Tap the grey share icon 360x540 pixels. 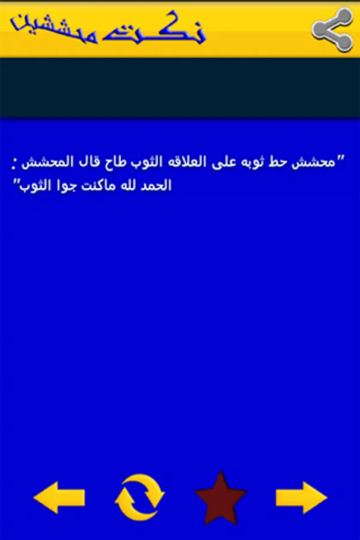[332, 30]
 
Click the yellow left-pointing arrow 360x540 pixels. [59, 497]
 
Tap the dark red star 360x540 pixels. [221, 498]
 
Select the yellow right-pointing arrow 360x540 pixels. [301, 497]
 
